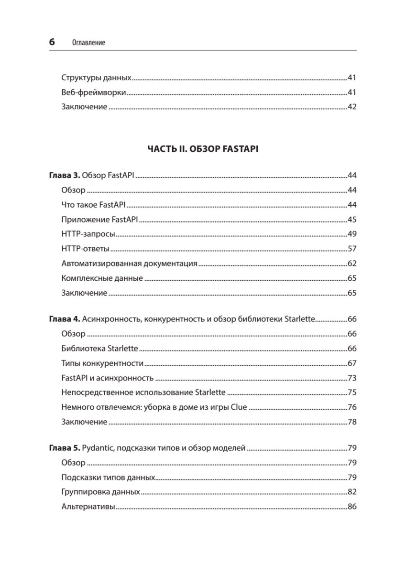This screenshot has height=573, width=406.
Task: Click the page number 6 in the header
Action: pyautogui.click(x=52, y=42)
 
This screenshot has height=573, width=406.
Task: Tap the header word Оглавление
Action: pyautogui.click(x=88, y=43)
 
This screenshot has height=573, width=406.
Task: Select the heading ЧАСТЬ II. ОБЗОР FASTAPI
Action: pyautogui.click(x=203, y=149)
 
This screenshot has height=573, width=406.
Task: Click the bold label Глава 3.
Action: pyautogui.click(x=65, y=176)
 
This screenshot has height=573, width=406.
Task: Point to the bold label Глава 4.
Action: pyautogui.click(x=65, y=319)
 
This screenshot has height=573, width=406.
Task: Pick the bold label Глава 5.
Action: pyautogui.click(x=65, y=448)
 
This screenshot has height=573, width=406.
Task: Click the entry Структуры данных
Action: pyautogui.click(x=97, y=77)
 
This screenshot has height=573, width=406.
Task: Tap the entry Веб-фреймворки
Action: pyautogui.click(x=94, y=92)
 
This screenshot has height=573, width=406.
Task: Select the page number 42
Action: pyautogui.click(x=352, y=107)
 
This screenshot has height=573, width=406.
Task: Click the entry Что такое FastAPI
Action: pyautogui.click(x=93, y=205)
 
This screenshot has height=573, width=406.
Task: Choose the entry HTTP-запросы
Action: pyautogui.click(x=89, y=234)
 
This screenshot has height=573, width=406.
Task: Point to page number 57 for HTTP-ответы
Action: pyautogui.click(x=352, y=249)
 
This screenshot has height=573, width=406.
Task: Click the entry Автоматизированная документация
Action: pyautogui.click(x=129, y=264)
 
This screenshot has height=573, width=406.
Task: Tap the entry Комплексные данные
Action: pyautogui.click(x=102, y=278)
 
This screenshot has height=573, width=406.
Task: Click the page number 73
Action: pyautogui.click(x=352, y=378)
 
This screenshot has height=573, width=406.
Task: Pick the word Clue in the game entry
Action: pyautogui.click(x=239, y=407)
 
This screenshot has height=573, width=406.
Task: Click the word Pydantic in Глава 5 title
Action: pyautogui.click(x=98, y=448)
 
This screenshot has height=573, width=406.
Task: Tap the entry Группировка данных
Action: pyautogui.click(x=100, y=492)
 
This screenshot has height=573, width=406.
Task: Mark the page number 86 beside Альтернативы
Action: pyautogui.click(x=352, y=507)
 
